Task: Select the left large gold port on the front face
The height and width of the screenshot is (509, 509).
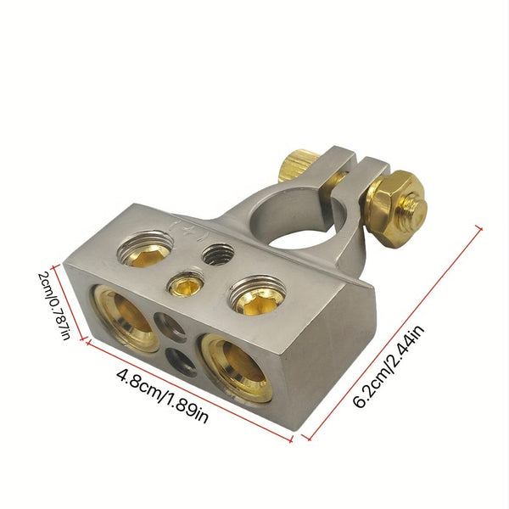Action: (x=126, y=317)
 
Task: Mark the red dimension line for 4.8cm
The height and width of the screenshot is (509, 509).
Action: (x=187, y=389)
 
